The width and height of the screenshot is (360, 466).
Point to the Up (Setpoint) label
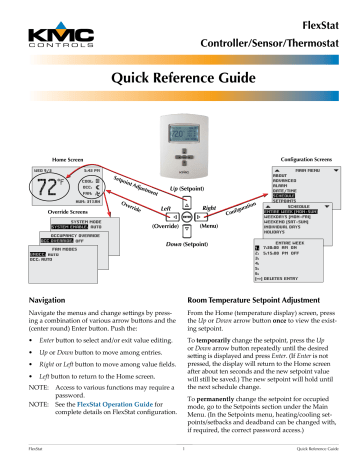(x=184, y=190)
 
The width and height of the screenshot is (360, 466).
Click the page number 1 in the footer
(x=179, y=459)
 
